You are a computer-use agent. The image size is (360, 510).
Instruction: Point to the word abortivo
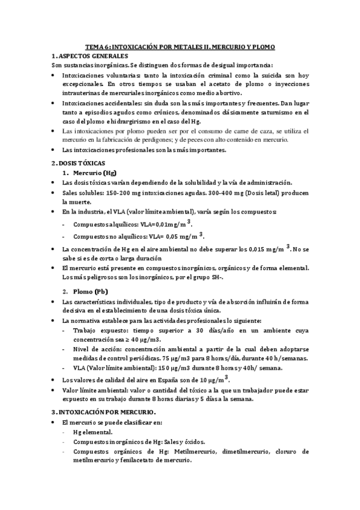(x=228, y=93)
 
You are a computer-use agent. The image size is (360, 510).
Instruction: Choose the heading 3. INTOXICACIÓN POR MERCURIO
(x=103, y=412)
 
